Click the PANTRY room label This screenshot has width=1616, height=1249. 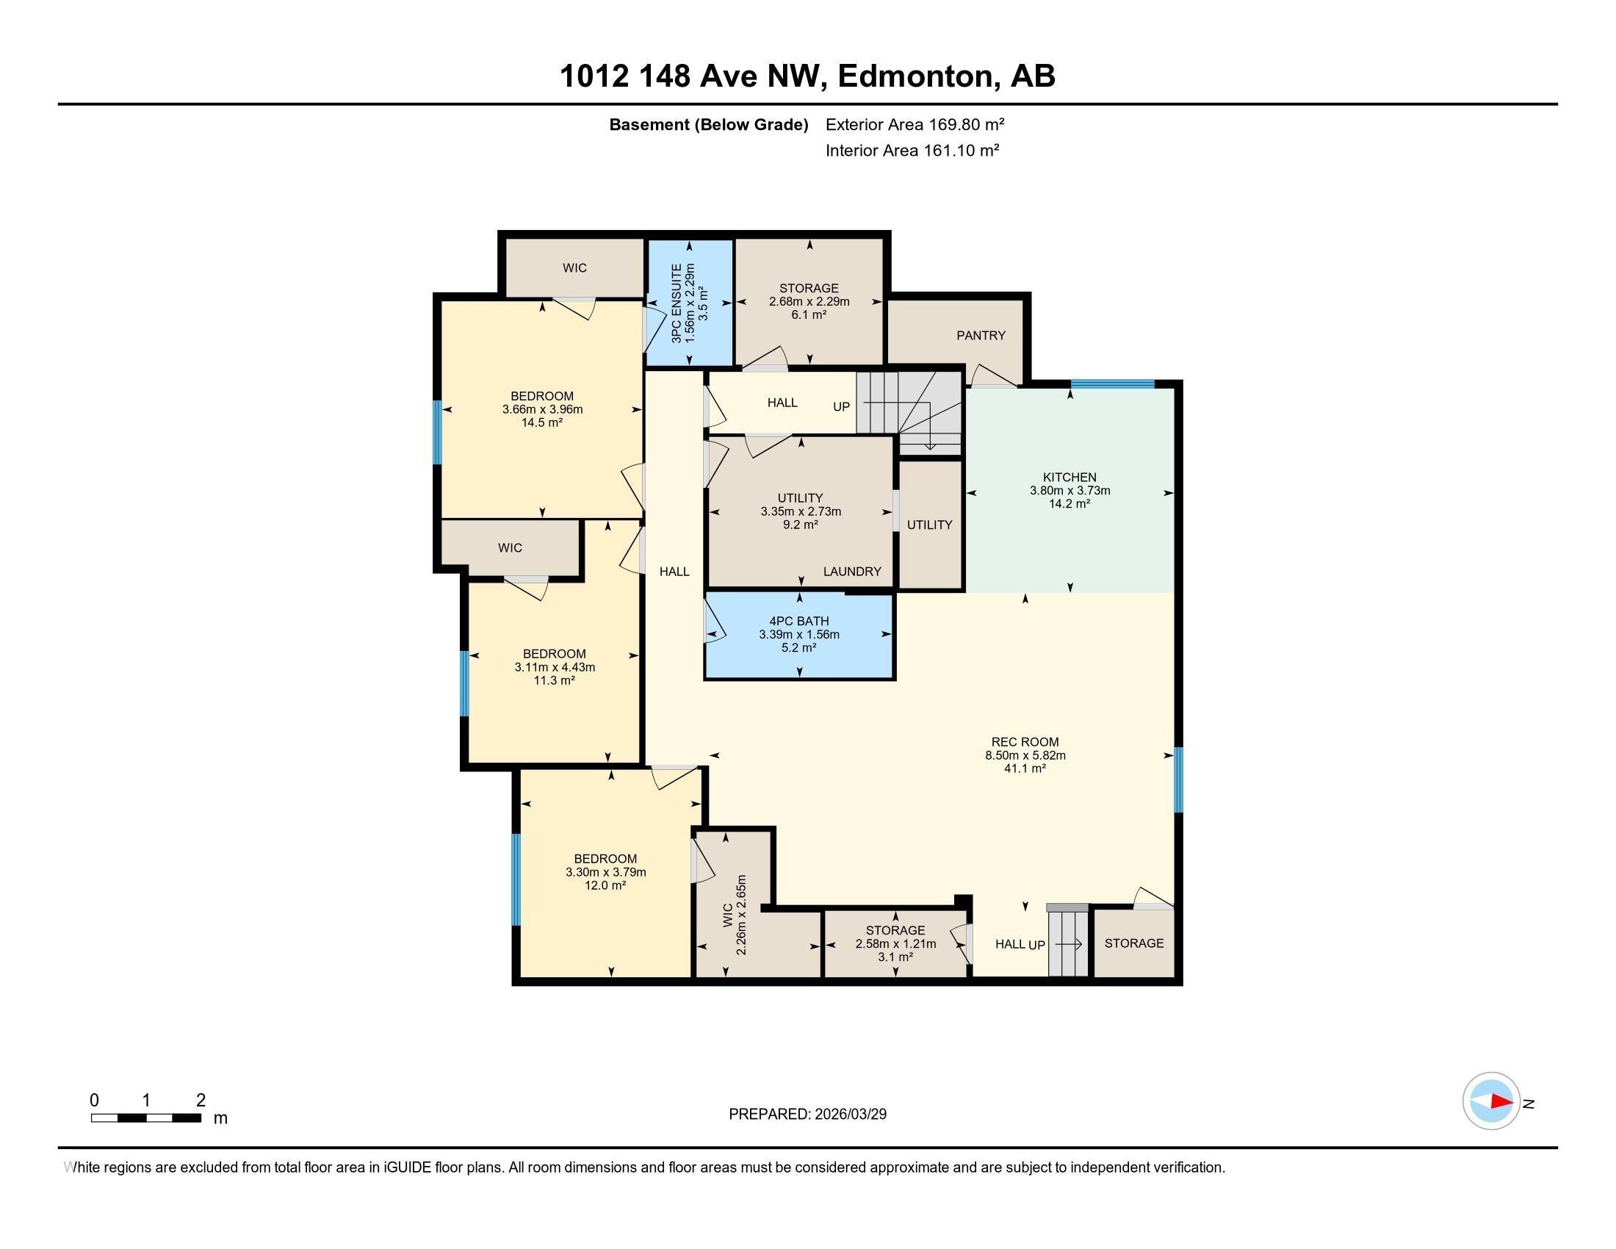coord(981,336)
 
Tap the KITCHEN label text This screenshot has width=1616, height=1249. coord(1069,478)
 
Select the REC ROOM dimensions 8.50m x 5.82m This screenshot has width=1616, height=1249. coord(1025,755)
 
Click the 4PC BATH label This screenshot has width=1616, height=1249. coord(799,622)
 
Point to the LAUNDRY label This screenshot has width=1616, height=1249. coord(851,571)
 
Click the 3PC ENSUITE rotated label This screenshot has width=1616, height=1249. coord(677,303)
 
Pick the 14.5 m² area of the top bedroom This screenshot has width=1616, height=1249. coord(541,422)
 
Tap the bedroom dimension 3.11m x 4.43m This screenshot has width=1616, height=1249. coord(554,667)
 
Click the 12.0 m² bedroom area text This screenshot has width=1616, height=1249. coord(605,886)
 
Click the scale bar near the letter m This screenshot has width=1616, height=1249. coord(145,1118)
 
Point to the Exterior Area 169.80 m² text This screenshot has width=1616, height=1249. coord(915,124)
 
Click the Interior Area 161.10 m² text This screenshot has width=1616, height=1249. coord(912,151)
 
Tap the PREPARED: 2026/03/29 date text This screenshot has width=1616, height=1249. coord(807,1115)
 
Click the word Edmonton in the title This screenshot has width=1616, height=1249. coord(915,76)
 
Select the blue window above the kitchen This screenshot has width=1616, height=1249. coord(1112,384)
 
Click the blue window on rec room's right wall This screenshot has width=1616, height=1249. coord(1178,780)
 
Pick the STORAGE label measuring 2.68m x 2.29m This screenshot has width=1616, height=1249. coord(809,289)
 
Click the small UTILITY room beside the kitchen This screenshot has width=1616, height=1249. coord(929,525)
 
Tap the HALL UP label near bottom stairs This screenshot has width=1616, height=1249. coord(1020,944)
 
